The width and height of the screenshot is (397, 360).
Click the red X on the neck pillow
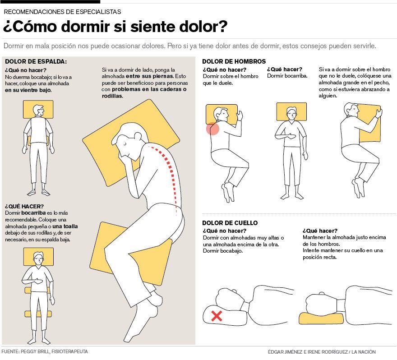(x=217, y=316)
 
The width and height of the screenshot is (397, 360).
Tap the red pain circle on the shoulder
(x=212, y=129)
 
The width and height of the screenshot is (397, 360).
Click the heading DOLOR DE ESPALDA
(x=36, y=61)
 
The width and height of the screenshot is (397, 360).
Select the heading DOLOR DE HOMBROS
(x=234, y=61)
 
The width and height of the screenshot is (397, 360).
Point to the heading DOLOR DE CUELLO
(x=230, y=223)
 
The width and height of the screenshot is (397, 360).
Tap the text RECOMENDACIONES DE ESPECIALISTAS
(x=62, y=12)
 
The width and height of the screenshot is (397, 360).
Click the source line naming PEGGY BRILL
(x=45, y=351)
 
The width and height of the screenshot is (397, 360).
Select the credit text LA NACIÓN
(x=363, y=351)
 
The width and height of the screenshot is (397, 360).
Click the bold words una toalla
(x=65, y=226)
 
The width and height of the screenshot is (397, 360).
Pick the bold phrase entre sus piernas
(x=150, y=76)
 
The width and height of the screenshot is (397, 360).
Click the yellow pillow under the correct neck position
(x=321, y=318)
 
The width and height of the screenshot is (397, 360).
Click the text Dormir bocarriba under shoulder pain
(x=287, y=76)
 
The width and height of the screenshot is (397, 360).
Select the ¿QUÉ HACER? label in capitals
(x=24, y=206)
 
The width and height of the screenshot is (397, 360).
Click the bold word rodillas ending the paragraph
(x=112, y=96)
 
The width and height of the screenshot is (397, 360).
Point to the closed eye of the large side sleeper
(x=125, y=143)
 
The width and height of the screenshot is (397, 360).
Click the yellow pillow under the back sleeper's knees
(x=38, y=314)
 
